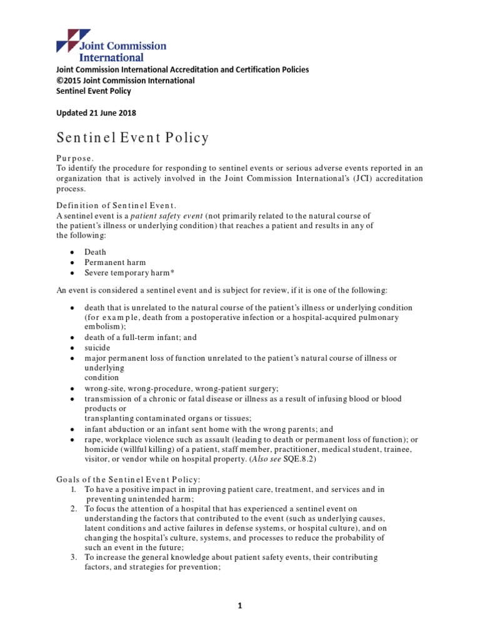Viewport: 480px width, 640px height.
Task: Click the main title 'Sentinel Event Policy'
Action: pyautogui.click(x=132, y=137)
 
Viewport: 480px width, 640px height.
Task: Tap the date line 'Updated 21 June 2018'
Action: pyautogui.click(x=96, y=113)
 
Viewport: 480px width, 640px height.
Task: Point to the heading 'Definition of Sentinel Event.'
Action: pyautogui.click(x=116, y=206)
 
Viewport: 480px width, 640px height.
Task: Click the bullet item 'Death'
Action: pyautogui.click(x=96, y=252)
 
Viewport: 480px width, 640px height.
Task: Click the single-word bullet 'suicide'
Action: pyautogui.click(x=97, y=347)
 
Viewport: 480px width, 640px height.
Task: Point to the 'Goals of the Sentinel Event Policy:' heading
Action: pyautogui.click(x=128, y=479)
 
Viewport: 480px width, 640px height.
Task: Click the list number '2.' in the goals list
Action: pyautogui.click(x=74, y=509)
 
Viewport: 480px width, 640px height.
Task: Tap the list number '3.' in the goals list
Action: pyautogui.click(x=74, y=557)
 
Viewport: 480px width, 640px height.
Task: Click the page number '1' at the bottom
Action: pyautogui.click(x=240, y=606)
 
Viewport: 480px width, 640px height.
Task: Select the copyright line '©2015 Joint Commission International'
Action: pyautogui.click(x=126, y=81)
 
